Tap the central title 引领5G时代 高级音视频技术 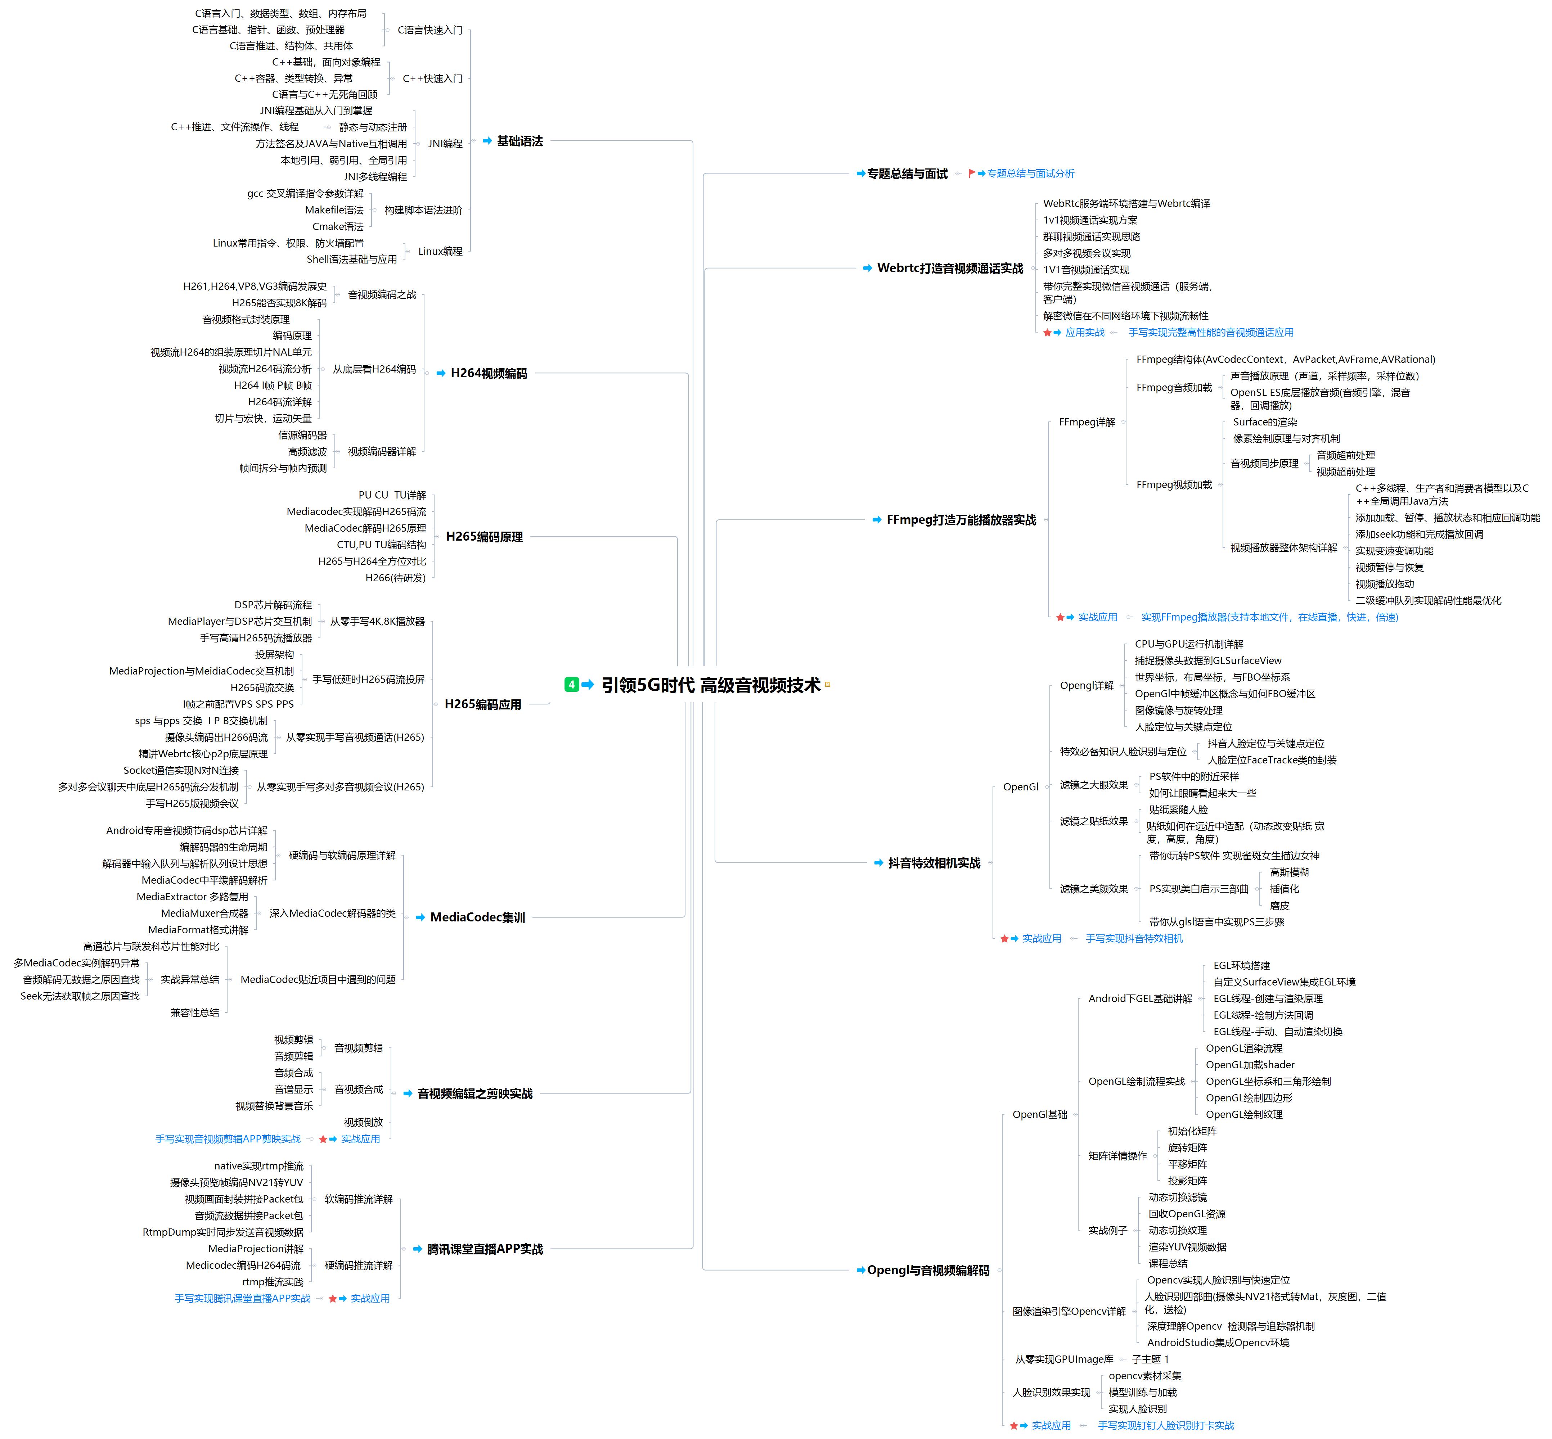click(x=711, y=685)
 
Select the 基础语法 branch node click(x=519, y=141)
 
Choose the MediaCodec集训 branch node click(x=477, y=917)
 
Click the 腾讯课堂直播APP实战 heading click(x=484, y=1249)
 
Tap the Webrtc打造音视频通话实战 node click(x=949, y=268)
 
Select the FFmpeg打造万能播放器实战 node click(x=961, y=519)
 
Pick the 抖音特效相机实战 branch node click(x=934, y=863)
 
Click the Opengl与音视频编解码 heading click(x=927, y=1270)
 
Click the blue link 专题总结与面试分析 click(x=1030, y=173)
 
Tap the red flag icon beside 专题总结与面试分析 click(x=971, y=173)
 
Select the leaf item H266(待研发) click(x=396, y=578)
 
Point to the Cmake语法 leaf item click(x=338, y=227)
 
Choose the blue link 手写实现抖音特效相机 click(x=1134, y=938)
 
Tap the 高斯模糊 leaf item click(x=1289, y=872)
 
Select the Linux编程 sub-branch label click(x=440, y=252)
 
